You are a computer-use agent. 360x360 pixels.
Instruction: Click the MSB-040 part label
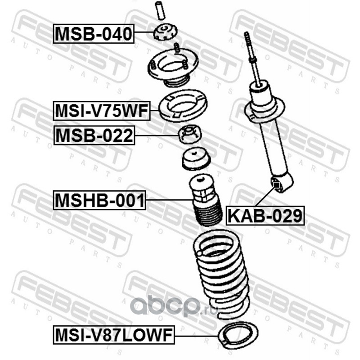[94, 33]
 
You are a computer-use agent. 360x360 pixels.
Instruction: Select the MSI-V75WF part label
[102, 111]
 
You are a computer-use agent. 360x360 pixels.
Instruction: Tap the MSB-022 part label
[94, 135]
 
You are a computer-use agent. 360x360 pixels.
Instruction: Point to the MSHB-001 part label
[99, 200]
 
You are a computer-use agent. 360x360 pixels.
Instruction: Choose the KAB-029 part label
[265, 216]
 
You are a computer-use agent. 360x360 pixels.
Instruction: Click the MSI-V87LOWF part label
[114, 335]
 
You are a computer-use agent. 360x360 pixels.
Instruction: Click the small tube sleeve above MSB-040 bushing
[160, 11]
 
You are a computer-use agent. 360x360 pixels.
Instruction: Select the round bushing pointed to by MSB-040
[165, 33]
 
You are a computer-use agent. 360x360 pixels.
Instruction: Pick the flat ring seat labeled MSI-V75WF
[183, 105]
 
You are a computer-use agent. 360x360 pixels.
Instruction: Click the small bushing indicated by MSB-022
[190, 134]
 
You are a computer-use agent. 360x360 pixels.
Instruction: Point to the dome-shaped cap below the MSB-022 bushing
[196, 159]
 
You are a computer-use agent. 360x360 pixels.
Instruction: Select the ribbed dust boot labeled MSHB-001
[206, 199]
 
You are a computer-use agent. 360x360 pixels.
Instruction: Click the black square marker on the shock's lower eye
[277, 184]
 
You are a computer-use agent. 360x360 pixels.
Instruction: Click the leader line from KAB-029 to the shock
[265, 196]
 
